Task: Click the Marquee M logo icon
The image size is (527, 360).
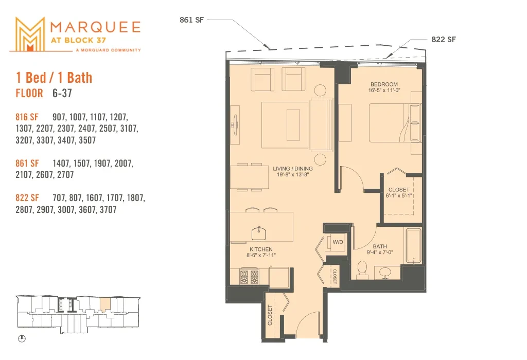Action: (x=30, y=34)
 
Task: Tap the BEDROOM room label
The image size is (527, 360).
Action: (x=384, y=84)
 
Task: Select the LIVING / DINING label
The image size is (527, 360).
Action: (x=292, y=169)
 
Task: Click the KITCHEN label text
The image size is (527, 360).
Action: (x=261, y=249)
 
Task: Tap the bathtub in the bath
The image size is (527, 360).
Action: (x=413, y=245)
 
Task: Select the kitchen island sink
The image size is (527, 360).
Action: (x=259, y=233)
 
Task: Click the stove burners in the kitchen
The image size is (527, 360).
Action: (x=249, y=277)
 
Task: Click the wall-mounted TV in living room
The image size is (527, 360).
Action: (x=235, y=125)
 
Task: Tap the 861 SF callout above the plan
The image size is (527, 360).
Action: (x=191, y=20)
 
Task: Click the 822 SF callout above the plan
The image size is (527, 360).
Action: (x=444, y=39)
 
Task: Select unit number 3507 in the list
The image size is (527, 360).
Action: (x=87, y=140)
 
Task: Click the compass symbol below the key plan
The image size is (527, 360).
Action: (x=22, y=338)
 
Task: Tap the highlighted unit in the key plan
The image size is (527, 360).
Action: (x=105, y=304)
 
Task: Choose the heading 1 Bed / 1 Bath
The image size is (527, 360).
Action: (x=54, y=78)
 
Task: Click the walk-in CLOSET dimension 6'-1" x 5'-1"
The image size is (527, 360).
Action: (x=399, y=195)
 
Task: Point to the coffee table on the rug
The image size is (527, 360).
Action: (x=293, y=125)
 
